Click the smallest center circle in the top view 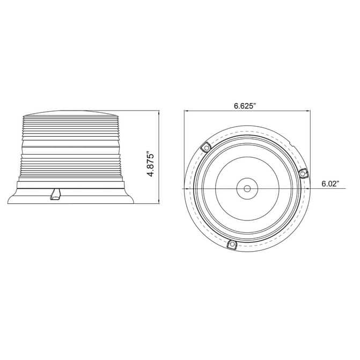click(x=247, y=188)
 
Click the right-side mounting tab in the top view click(x=304, y=173)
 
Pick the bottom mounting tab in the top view click(x=232, y=245)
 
